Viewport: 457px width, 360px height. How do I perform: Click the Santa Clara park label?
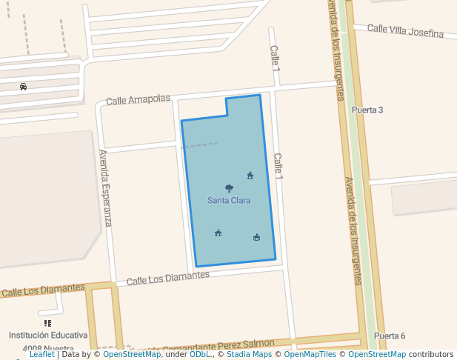click(228, 201)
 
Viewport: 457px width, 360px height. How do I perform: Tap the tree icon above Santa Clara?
click(229, 189)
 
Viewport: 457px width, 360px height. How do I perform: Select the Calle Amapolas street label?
click(138, 99)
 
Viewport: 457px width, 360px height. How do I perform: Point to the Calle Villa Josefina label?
click(405, 31)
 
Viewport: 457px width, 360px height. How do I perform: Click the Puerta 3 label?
click(367, 110)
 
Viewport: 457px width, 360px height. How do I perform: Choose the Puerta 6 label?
click(390, 336)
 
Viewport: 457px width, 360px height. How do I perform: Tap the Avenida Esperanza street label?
click(105, 188)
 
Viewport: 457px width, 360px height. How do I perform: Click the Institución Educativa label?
click(48, 336)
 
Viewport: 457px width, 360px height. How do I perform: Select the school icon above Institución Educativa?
click(48, 323)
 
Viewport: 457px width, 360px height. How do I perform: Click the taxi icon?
click(24, 87)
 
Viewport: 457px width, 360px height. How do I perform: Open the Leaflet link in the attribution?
click(42, 355)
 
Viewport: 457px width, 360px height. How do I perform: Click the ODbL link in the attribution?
click(201, 355)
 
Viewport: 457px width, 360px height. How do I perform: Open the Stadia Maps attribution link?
click(249, 355)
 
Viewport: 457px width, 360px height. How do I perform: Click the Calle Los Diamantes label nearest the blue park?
click(168, 278)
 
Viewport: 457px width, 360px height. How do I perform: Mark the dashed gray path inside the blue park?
click(200, 145)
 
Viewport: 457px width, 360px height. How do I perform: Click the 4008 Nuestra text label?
click(48, 349)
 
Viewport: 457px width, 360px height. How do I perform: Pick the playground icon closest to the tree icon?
click(250, 176)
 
